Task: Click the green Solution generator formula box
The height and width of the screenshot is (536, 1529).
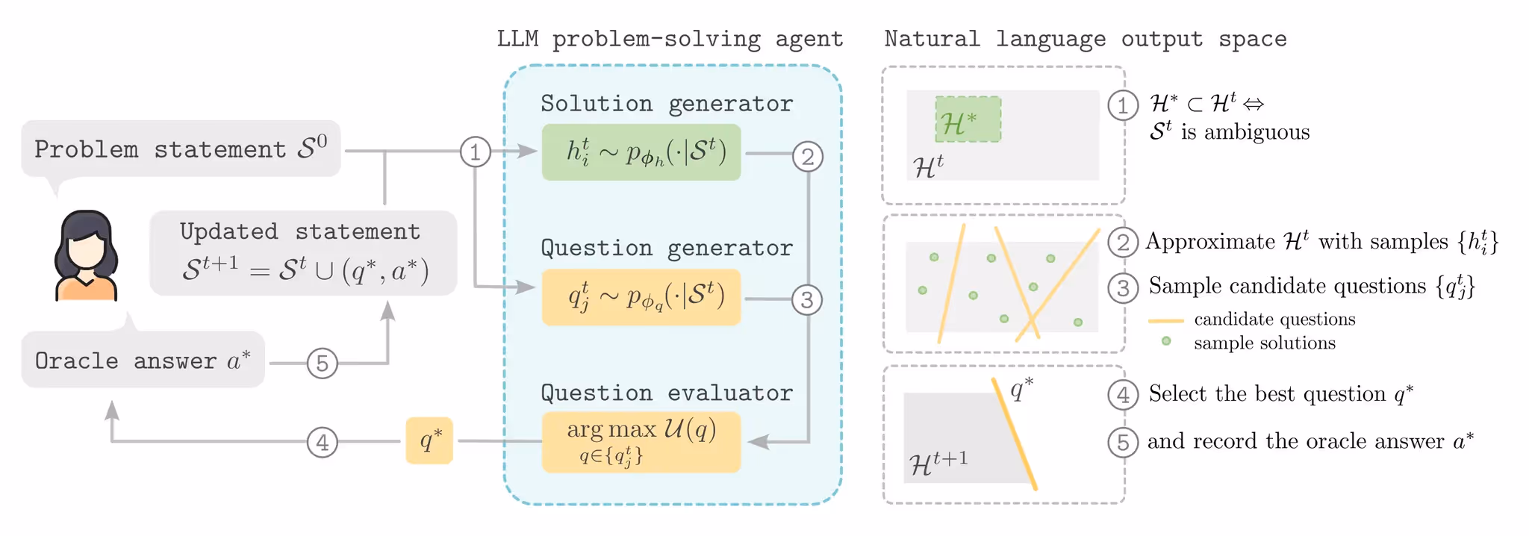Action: click(641, 152)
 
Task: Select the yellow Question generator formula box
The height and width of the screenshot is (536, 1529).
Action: click(641, 297)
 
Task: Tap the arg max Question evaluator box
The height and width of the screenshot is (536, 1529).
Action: click(641, 441)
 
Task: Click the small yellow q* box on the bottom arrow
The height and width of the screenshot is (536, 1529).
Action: click(429, 440)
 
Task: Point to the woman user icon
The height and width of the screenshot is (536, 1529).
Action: click(87, 256)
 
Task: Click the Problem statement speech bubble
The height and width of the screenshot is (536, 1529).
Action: click(181, 149)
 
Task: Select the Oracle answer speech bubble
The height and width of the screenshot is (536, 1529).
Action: click(143, 360)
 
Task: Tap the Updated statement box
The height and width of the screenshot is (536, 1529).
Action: click(303, 253)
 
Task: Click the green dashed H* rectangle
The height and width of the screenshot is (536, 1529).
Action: click(968, 119)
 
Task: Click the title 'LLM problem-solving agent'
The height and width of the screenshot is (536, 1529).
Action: click(670, 39)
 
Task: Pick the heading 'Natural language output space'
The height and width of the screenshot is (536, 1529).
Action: click(1085, 39)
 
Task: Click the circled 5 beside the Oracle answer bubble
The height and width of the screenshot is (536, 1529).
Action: click(323, 364)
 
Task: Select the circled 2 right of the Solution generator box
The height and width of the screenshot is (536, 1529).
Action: click(808, 157)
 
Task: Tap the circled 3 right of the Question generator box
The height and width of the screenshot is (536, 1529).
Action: click(807, 300)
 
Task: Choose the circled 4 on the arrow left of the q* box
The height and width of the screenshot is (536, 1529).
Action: click(322, 442)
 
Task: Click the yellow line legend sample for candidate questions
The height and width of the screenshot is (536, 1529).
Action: click(1165, 321)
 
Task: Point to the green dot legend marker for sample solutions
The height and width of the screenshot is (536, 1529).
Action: click(1166, 341)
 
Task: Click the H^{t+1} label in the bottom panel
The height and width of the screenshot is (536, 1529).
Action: click(938, 462)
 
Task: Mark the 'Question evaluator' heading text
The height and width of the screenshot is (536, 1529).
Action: click(666, 393)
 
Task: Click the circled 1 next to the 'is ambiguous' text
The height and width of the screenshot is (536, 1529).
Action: click(1123, 105)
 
